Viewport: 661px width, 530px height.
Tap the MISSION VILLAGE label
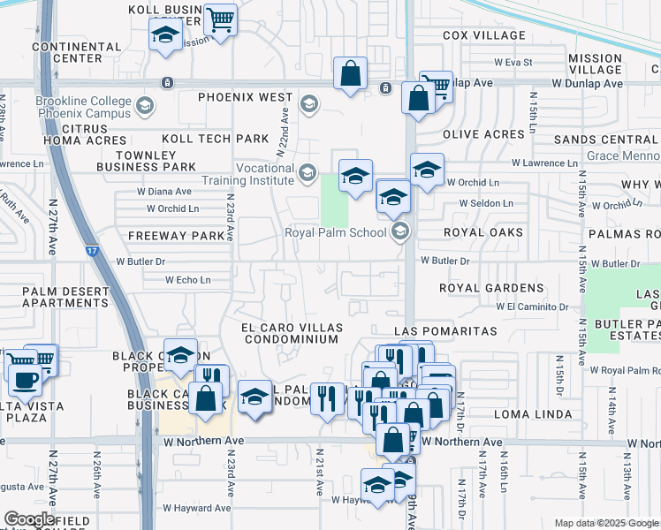[596, 64]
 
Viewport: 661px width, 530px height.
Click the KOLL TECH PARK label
[215, 139]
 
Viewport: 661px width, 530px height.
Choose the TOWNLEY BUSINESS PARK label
[146, 160]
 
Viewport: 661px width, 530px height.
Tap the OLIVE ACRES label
[483, 134]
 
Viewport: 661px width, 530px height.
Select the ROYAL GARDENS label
[492, 288]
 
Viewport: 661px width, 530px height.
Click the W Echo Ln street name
[188, 280]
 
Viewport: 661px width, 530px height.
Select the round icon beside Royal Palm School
[400, 232]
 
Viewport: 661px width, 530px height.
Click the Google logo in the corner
[31, 519]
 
